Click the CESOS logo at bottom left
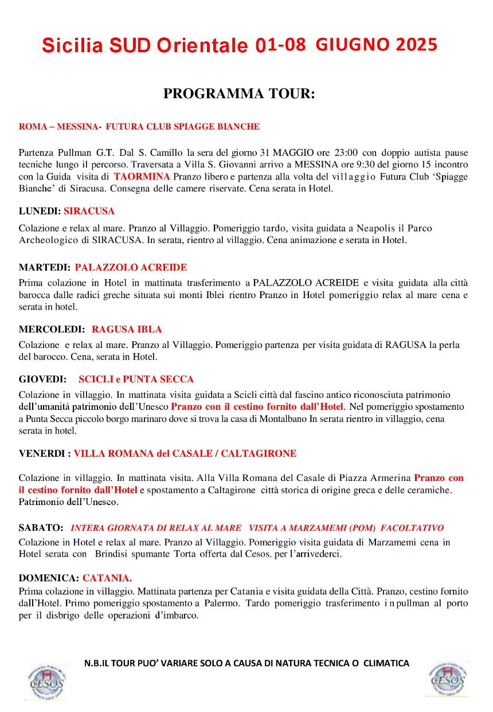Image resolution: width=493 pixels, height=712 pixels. [x=46, y=682]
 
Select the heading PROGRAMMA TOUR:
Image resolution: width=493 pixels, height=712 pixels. [x=239, y=94]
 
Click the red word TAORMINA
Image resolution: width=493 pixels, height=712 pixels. [x=142, y=177]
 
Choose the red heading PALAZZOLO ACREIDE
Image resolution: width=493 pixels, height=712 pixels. [x=131, y=267]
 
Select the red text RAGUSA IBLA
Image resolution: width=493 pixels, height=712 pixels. [x=127, y=329]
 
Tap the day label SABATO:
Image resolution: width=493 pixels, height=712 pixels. [x=41, y=527]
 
